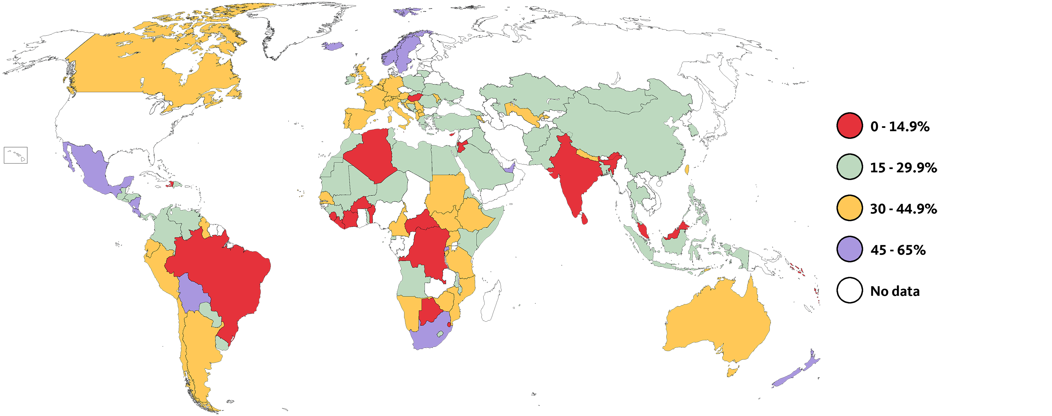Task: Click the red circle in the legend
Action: [849, 125]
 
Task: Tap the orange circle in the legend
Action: [849, 208]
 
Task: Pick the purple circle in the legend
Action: [849, 249]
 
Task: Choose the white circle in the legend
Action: [849, 290]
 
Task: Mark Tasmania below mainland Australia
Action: [733, 371]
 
